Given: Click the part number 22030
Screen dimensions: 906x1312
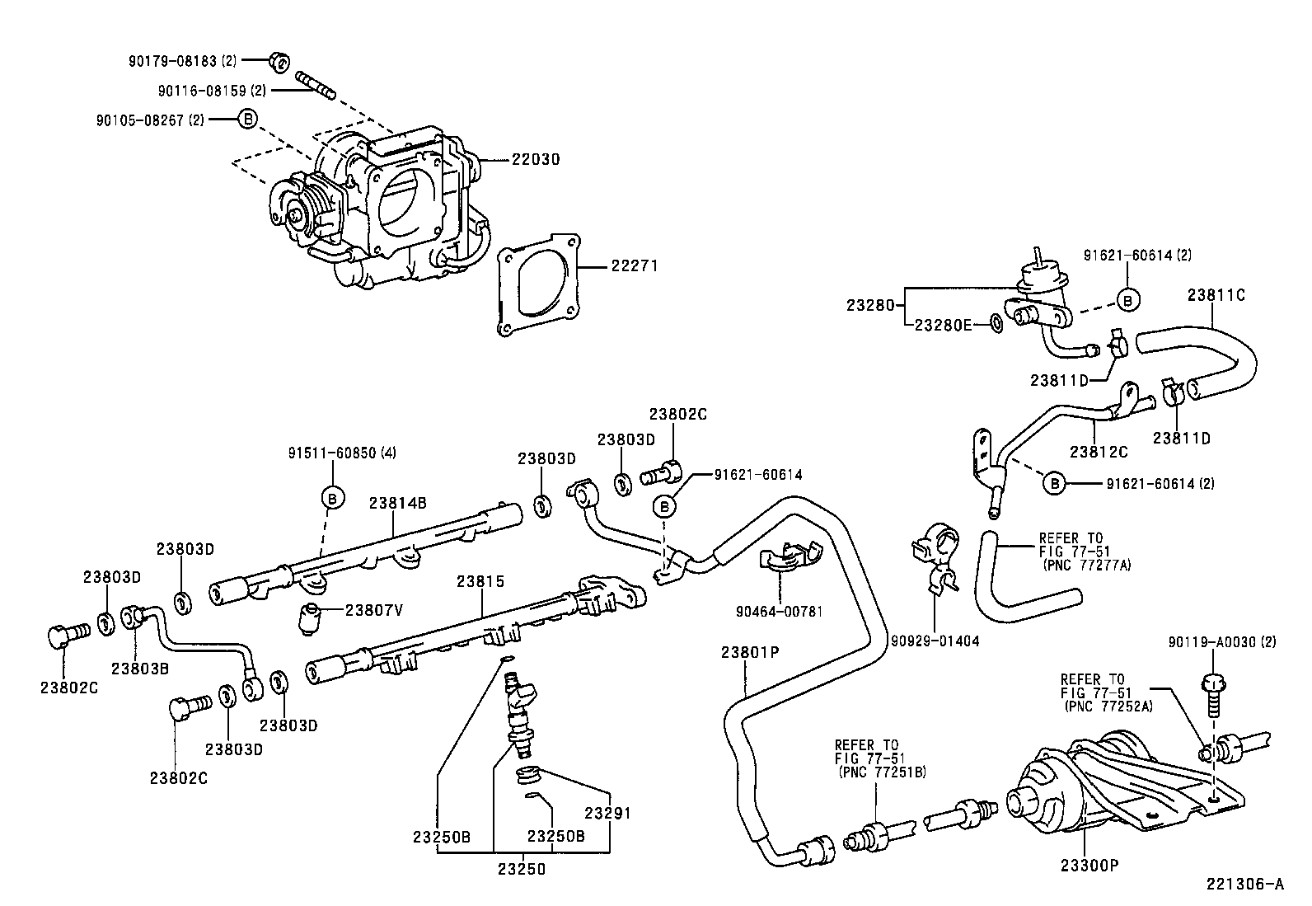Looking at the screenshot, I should point(535,159).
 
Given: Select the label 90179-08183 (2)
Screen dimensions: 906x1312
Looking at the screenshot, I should point(183,61).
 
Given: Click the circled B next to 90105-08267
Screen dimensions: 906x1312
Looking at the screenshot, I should point(246,119).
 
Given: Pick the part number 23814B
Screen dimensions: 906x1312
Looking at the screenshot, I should point(397,503).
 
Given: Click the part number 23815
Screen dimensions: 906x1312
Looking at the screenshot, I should point(480,581).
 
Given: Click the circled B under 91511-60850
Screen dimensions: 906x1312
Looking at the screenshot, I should point(332,498).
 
